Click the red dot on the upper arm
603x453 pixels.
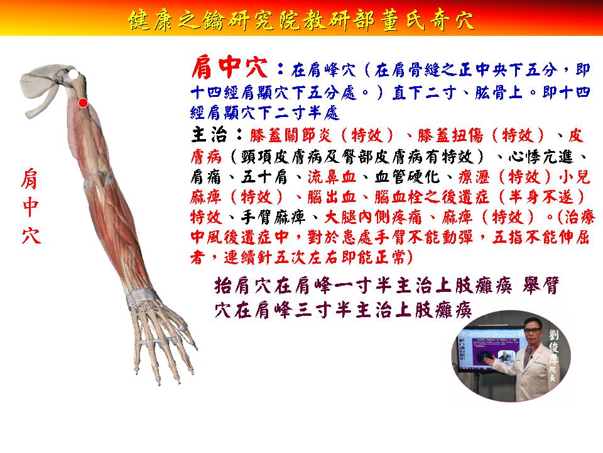coord(83,103)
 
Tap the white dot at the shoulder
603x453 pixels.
coord(73,74)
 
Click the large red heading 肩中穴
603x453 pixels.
coord(230,68)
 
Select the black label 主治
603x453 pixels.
coord(209,135)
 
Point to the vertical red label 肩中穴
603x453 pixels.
coord(30,206)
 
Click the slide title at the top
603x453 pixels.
coord(301,20)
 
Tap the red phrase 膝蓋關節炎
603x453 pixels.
coord(290,136)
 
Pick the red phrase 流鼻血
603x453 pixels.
coord(332,177)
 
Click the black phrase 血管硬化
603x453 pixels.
coord(406,177)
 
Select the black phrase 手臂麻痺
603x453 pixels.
coord(273,217)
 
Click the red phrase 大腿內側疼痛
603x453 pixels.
coord(373,217)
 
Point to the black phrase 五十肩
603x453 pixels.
coord(264,177)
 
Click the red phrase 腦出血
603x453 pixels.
coord(332,197)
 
